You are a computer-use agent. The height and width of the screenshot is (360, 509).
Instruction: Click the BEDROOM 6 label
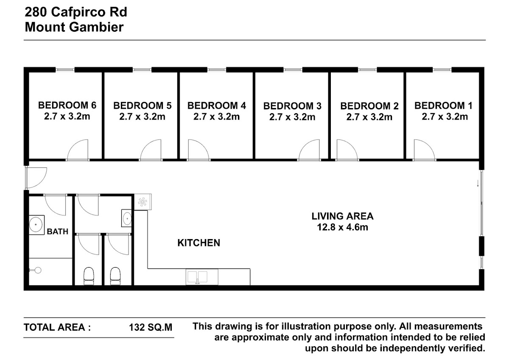click(x=67, y=105)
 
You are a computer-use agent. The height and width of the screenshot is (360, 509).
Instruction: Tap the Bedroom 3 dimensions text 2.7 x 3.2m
click(x=292, y=117)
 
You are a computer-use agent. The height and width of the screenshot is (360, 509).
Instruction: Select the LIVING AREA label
click(x=342, y=216)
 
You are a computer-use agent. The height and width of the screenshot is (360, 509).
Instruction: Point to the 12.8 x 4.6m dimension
click(x=342, y=227)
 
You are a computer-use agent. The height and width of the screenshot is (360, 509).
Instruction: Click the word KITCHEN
click(x=199, y=243)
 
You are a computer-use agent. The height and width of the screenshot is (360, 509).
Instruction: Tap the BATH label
click(x=58, y=232)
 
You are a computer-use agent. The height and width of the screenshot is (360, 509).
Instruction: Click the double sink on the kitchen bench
click(x=198, y=276)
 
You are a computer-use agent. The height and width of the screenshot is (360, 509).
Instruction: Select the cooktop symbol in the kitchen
click(x=143, y=202)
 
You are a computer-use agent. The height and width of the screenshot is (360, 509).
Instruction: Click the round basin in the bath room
click(x=36, y=225)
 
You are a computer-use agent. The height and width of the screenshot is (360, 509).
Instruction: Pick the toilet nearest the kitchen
click(x=115, y=276)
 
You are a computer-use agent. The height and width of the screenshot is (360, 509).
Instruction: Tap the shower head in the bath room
click(x=36, y=270)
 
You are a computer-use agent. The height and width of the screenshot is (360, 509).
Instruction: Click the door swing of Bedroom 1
click(x=424, y=149)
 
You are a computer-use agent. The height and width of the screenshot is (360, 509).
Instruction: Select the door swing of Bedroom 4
click(x=199, y=149)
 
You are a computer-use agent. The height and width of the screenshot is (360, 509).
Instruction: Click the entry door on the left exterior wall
click(x=36, y=178)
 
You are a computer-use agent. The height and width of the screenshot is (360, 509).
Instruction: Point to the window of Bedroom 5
click(x=142, y=70)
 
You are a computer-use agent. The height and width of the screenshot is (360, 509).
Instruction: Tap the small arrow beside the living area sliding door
click(x=478, y=183)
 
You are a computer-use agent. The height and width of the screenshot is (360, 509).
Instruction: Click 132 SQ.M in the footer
click(x=151, y=327)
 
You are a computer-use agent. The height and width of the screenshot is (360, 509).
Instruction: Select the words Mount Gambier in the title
click(x=74, y=27)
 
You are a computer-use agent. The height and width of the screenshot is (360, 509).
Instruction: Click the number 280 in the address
click(x=36, y=12)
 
